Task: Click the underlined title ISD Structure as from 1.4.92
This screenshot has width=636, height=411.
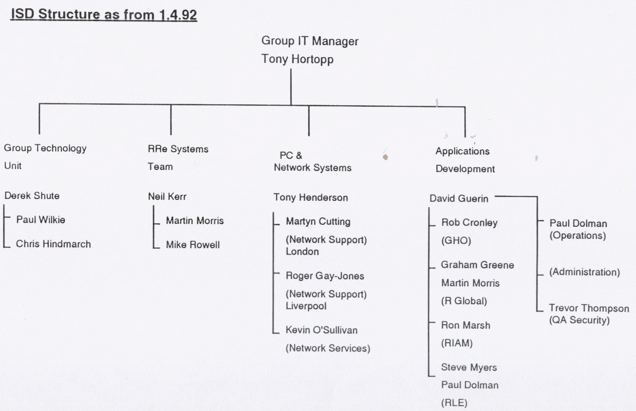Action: [x=104, y=15]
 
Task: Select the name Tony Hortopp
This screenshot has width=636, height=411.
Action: [x=297, y=59]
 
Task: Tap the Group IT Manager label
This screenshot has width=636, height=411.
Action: [x=310, y=41]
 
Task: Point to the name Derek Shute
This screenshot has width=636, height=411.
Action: [x=32, y=196]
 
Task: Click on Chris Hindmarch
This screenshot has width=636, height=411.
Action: [x=54, y=244]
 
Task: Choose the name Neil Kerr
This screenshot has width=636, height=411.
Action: [x=167, y=196]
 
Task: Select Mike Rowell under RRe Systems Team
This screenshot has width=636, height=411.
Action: [x=193, y=245]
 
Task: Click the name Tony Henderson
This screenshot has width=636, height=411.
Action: [x=311, y=197]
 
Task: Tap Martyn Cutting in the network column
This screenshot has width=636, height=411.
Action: [x=318, y=222]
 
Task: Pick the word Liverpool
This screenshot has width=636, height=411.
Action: [x=306, y=306]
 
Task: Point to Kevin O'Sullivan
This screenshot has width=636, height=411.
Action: [x=321, y=330]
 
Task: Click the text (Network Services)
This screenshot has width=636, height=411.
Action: [x=328, y=348]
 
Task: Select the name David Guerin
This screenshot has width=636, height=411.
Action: [x=459, y=198]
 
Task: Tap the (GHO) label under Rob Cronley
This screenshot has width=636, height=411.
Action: [x=456, y=241]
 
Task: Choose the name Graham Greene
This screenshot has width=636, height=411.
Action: [x=477, y=265]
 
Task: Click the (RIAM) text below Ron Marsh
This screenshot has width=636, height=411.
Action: [x=457, y=343]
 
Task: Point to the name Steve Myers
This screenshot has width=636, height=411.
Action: [x=469, y=367]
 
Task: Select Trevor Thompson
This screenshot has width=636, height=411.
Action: [x=589, y=308]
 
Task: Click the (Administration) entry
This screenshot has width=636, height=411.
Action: [x=584, y=272]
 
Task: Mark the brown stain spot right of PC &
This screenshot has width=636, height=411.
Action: [x=385, y=157]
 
